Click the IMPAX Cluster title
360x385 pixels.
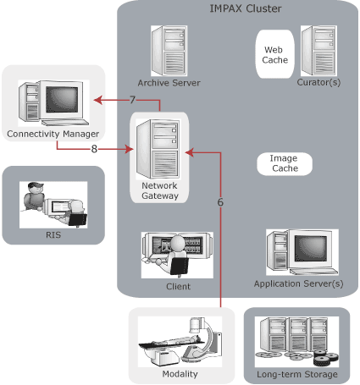(x=245, y=9)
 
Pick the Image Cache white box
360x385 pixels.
(x=283, y=163)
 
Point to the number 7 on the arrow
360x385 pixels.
(x=132, y=101)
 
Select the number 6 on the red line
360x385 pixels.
(x=220, y=203)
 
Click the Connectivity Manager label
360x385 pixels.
(x=53, y=135)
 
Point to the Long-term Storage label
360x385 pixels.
(x=296, y=374)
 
